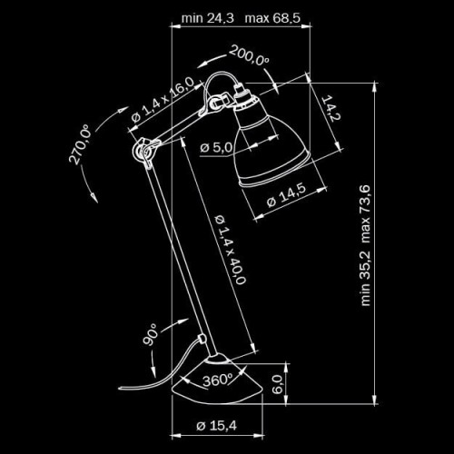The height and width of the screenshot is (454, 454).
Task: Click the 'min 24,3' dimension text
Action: [x=208, y=18]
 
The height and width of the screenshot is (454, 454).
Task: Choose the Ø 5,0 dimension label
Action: [x=217, y=146]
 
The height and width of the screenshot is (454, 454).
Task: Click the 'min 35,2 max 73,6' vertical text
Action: [x=366, y=245]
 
